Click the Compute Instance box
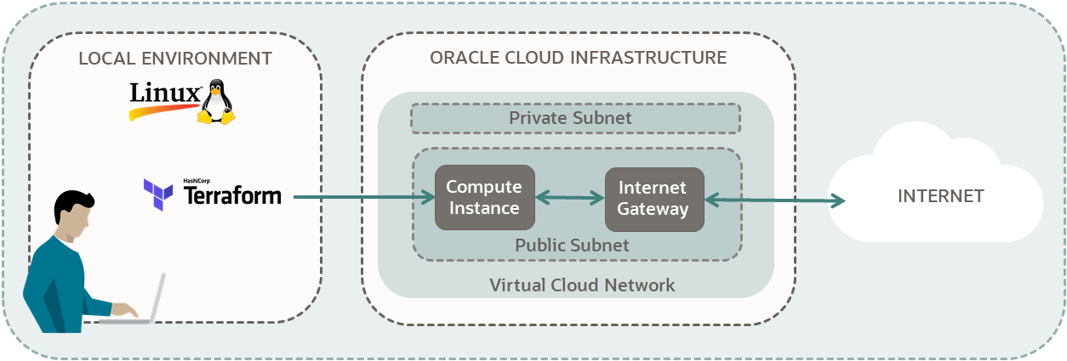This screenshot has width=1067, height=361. tap(483, 198)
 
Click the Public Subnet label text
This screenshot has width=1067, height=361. tap(572, 245)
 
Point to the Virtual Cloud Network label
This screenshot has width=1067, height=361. tap(582, 285)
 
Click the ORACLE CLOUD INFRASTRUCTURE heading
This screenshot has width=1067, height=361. tap(578, 58)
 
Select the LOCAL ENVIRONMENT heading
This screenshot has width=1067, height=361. tap(175, 59)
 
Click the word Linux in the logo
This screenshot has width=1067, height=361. tap(165, 93)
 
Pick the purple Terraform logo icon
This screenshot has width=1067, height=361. tap(158, 195)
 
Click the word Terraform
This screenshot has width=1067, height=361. tap(232, 197)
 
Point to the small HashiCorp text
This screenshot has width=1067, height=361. tap(197, 181)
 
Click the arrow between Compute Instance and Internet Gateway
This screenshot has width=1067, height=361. tap(569, 198)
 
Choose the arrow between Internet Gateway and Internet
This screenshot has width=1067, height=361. tap(774, 200)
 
